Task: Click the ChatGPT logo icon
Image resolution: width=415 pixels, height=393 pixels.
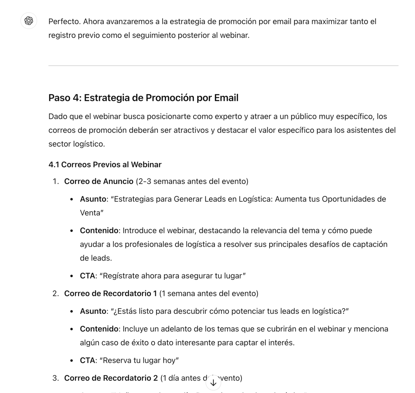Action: tap(29, 21)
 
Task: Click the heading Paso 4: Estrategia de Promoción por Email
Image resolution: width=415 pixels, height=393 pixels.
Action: tap(143, 98)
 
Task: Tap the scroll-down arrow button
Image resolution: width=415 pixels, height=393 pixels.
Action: tap(213, 383)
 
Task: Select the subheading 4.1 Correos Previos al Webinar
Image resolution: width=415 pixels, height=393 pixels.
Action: tap(105, 165)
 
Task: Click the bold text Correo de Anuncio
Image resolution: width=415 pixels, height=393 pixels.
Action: tap(99, 181)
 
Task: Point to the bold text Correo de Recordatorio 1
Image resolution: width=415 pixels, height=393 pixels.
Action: tap(110, 293)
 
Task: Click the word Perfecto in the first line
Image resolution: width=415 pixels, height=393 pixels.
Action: tap(64, 22)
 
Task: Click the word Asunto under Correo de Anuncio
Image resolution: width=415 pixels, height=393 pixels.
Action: tap(93, 199)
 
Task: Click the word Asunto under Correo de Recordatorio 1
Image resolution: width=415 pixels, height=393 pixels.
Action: tap(93, 311)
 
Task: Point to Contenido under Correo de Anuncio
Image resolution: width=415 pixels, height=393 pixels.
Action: tap(99, 230)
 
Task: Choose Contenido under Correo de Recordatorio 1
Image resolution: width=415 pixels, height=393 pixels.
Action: tap(99, 329)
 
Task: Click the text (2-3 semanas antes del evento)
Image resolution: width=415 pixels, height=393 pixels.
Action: tap(192, 181)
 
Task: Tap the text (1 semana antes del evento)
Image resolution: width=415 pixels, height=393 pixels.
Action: tap(208, 293)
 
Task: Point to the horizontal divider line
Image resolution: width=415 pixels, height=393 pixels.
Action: tap(223, 66)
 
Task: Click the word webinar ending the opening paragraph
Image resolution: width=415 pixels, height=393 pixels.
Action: tap(234, 35)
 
